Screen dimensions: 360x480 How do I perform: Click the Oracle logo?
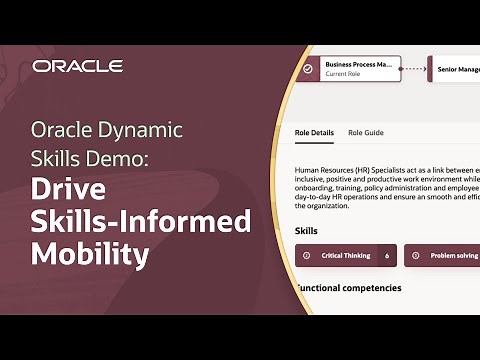point(77,66)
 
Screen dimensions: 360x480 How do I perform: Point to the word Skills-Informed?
point(140,221)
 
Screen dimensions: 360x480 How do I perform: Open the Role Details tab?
point(314,132)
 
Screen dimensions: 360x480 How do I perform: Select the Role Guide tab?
point(365,132)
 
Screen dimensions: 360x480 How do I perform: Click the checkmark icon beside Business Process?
point(308,69)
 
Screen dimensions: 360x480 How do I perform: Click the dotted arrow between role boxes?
point(413,69)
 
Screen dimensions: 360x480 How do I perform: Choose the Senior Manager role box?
point(455,70)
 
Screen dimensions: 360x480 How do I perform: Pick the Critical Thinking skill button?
point(346,256)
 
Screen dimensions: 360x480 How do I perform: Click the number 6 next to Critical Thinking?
point(386,256)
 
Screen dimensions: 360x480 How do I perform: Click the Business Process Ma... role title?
point(357,64)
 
